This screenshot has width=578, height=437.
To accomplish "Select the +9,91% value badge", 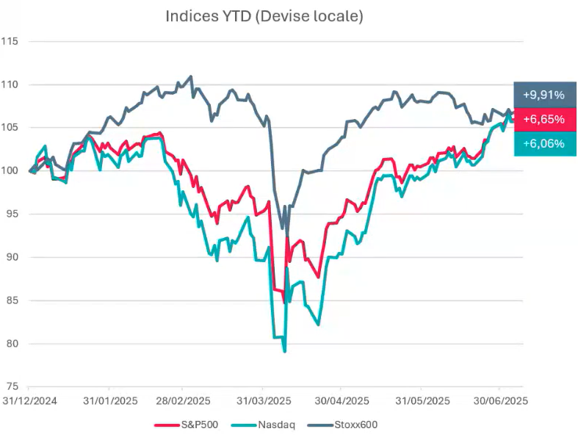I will (x=543, y=95).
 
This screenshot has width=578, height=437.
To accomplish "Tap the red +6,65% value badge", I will (x=543, y=119).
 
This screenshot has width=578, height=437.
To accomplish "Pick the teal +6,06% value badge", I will (x=543, y=144).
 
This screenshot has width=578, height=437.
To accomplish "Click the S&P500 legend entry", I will (x=195, y=425).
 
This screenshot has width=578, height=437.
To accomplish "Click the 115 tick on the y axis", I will (x=10, y=41).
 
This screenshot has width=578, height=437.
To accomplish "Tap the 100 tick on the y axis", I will (x=10, y=171).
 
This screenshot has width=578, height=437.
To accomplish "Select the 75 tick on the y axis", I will (x=12, y=387).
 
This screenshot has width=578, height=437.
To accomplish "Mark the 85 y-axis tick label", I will (x=12, y=300).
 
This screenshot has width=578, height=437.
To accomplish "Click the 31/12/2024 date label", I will (x=29, y=401).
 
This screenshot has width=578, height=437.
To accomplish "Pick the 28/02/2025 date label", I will (x=183, y=401).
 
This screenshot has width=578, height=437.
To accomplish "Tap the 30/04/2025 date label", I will (x=341, y=401).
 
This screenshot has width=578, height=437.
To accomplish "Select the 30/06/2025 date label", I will (x=499, y=401).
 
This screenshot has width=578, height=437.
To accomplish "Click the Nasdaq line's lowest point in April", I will (x=284, y=351).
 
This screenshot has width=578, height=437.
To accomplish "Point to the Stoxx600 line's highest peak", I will (x=191, y=76).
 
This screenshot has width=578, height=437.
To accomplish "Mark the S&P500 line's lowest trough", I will (x=283, y=301).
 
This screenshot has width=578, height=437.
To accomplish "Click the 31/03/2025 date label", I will (x=264, y=401).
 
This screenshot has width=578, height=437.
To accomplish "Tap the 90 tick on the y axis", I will (x=12, y=258).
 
